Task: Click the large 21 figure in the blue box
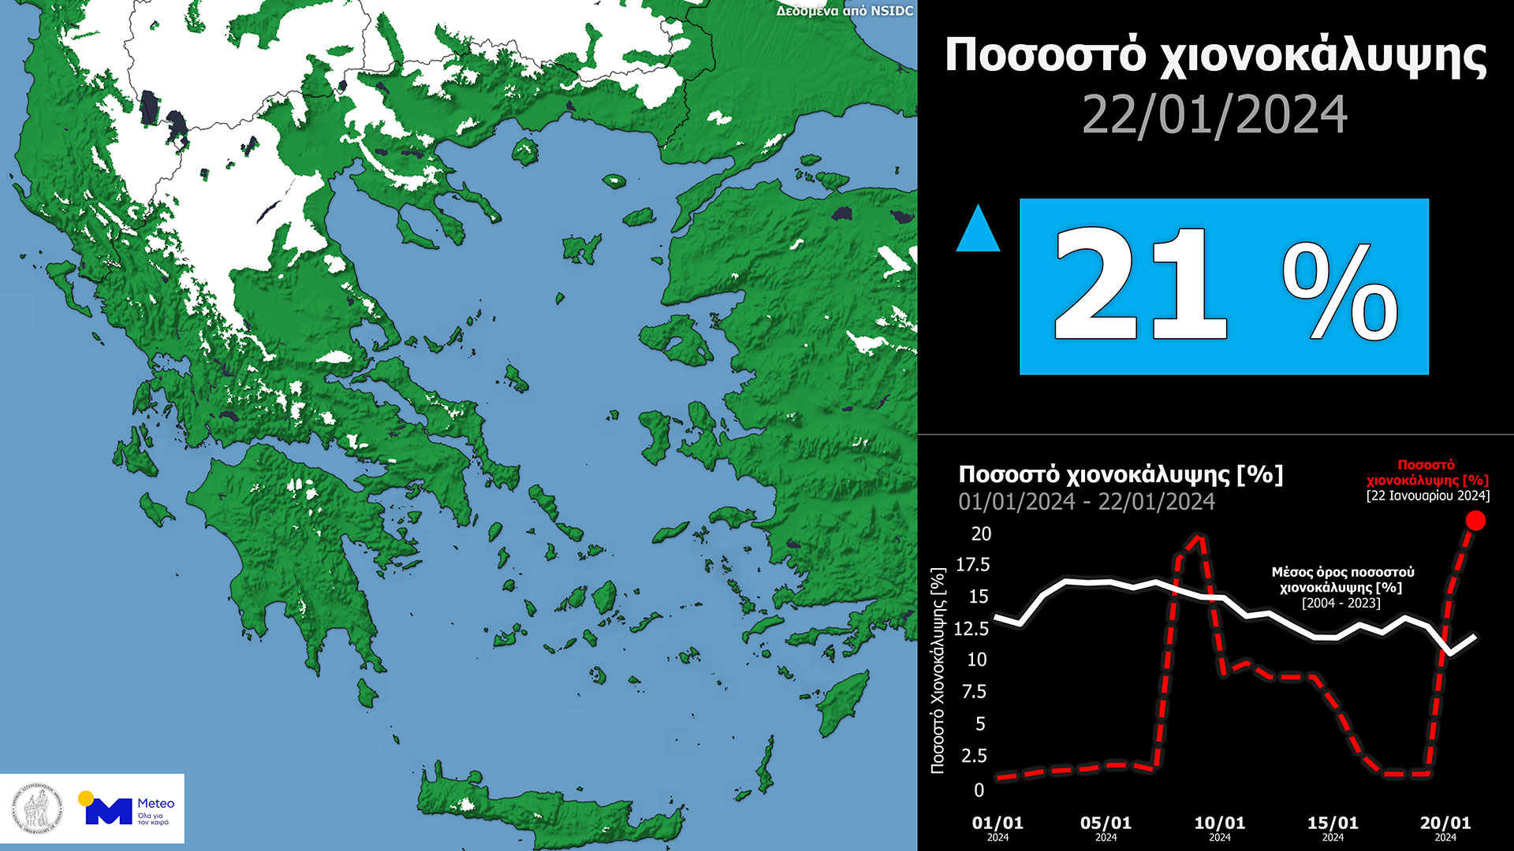point(1139,285)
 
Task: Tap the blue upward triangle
point(978,230)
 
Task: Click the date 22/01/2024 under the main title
point(1214,115)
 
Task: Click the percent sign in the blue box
point(1340,292)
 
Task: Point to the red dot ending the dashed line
point(1475,520)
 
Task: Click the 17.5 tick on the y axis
point(972,565)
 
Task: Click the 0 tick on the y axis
point(979,790)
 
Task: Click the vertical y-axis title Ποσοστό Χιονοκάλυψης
point(938,670)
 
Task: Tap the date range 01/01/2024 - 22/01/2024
point(1087,502)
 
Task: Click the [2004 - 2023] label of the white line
point(1341,603)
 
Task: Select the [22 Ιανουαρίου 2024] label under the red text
point(1428,496)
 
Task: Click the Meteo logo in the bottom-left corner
point(126,809)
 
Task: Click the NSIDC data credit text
point(845,11)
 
